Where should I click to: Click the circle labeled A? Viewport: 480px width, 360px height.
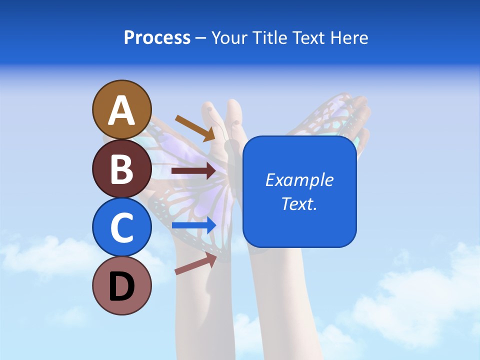(122, 109)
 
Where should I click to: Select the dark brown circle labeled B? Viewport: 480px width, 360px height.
(122, 168)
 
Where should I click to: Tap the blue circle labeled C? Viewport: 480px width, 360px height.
(122, 227)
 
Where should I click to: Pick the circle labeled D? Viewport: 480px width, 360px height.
(122, 285)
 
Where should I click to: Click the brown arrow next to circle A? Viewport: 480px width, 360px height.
(194, 128)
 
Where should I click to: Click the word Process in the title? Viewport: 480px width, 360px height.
(157, 37)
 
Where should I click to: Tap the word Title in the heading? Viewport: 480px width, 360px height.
(267, 37)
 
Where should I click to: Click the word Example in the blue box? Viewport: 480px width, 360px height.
(299, 180)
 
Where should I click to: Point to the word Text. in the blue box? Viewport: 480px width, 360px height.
(299, 203)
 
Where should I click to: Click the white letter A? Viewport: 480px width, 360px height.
(122, 110)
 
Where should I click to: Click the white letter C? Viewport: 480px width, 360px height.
(122, 227)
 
